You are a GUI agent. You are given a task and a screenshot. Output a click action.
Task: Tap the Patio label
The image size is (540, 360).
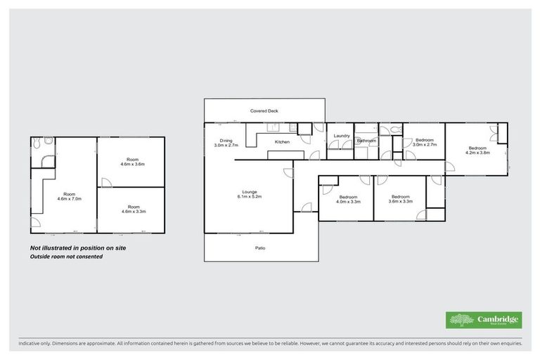[x=259, y=247]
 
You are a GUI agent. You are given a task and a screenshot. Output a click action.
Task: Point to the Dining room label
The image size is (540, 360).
[x=226, y=143]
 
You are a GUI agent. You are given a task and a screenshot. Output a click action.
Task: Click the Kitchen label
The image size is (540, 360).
[x=282, y=142]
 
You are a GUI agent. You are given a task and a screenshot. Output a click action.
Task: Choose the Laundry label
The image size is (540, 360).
[x=342, y=136]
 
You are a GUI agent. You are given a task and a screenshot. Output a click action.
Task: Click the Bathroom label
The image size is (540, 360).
[x=366, y=141]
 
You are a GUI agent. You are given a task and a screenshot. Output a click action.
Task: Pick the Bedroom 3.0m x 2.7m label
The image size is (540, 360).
[x=424, y=143]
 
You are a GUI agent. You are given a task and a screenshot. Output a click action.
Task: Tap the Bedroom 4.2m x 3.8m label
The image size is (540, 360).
[x=478, y=150]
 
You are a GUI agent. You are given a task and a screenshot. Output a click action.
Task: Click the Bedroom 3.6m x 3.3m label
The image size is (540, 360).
[x=400, y=199]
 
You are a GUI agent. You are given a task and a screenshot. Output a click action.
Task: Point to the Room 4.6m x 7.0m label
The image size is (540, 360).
[x=69, y=196]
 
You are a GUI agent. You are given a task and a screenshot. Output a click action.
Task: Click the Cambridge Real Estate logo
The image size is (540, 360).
[x=484, y=320]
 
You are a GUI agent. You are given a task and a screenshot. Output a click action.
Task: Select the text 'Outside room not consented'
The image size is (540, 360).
[x=66, y=257]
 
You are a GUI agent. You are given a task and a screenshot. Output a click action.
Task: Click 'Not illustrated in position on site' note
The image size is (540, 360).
[x=78, y=247]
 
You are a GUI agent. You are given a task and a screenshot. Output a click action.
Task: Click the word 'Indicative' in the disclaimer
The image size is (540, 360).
[x=31, y=344]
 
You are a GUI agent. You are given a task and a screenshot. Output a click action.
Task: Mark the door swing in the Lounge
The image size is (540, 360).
[x=288, y=174]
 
